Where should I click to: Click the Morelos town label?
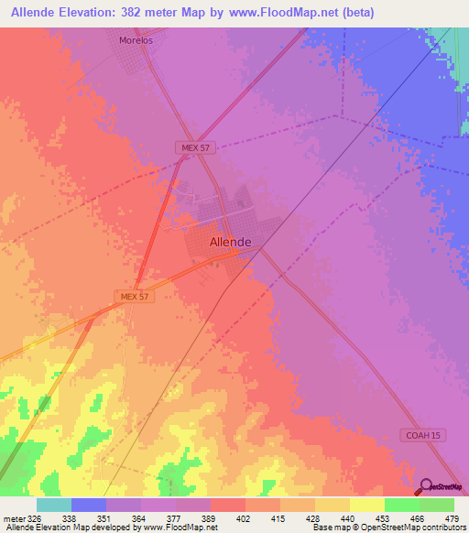pos(135,40)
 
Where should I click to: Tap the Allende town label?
pos(231,242)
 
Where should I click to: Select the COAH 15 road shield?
pos(423,434)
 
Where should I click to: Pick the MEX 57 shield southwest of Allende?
pos(134,296)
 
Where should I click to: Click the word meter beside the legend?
pos(10,517)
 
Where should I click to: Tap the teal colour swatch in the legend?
pos(54,505)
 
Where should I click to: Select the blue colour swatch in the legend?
pos(89,505)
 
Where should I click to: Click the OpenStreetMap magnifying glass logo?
pos(426,486)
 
